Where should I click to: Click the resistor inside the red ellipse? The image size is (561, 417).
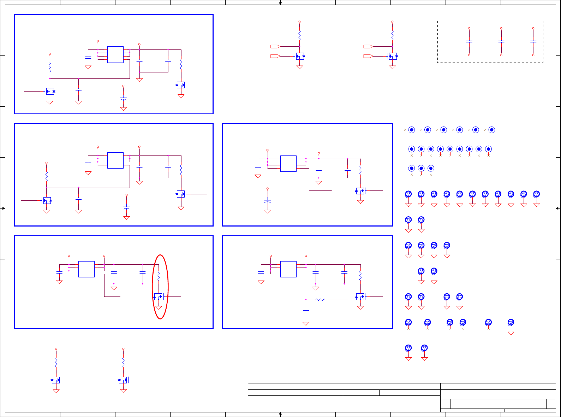pyautogui.click(x=159, y=276)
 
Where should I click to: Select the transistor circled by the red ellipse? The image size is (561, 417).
pyautogui.click(x=159, y=297)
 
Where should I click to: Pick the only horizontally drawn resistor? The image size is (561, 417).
pyautogui.click(x=320, y=300)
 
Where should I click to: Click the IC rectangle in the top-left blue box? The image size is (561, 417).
pyautogui.click(x=115, y=54)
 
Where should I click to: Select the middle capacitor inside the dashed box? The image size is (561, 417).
pyautogui.click(x=501, y=41)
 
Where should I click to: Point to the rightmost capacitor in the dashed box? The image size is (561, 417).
pyautogui.click(x=533, y=41)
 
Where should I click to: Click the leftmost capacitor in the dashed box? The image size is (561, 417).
pyautogui.click(x=469, y=41)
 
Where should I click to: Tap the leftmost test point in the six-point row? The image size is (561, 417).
pyautogui.click(x=411, y=130)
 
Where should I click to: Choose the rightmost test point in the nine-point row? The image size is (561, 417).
pyautogui.click(x=488, y=149)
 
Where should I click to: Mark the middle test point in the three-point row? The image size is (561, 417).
pyautogui.click(x=421, y=169)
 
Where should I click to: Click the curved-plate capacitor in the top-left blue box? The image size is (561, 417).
pyautogui.click(x=123, y=99)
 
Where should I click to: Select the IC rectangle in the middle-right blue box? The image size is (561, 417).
pyautogui.click(x=288, y=164)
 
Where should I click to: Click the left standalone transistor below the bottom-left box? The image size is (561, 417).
pyautogui.click(x=56, y=380)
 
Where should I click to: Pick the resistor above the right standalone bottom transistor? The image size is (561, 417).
pyautogui.click(x=123, y=362)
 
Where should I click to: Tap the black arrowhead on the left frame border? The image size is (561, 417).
pyautogui.click(x=4, y=208)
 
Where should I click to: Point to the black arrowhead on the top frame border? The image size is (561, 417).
pyautogui.click(x=280, y=4)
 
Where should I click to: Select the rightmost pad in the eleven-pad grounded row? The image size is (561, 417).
pyautogui.click(x=536, y=194)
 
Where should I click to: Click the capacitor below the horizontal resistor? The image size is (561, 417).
pyautogui.click(x=306, y=311)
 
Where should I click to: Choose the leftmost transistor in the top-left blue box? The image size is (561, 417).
pyautogui.click(x=50, y=92)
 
